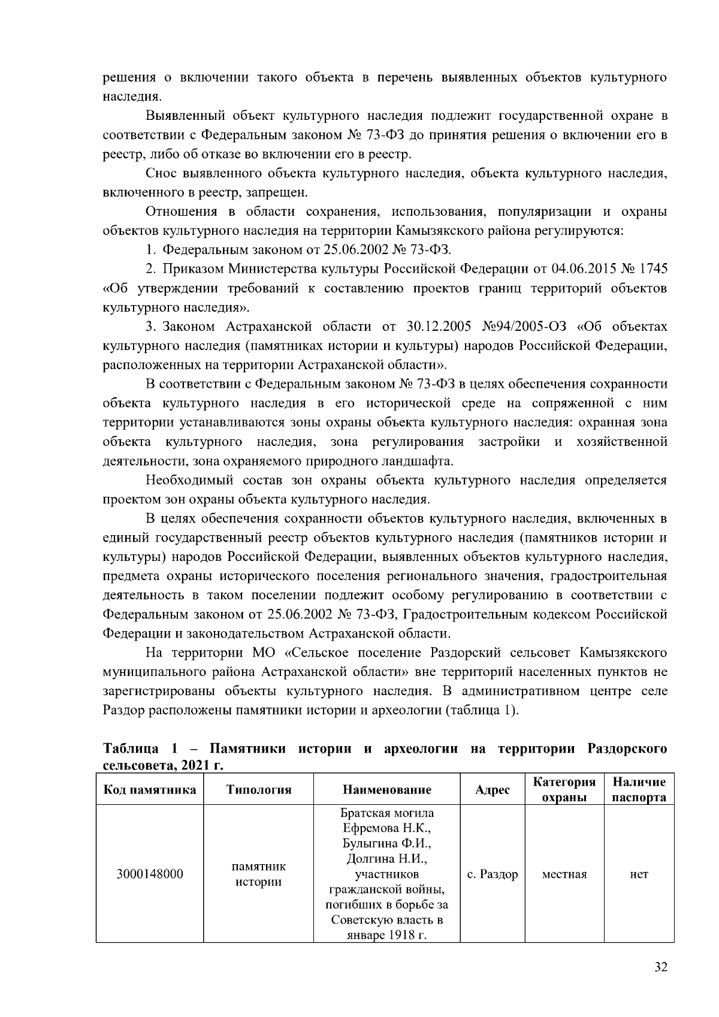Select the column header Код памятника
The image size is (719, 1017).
[150, 790]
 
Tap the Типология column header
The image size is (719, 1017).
[259, 790]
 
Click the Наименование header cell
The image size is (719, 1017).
[387, 790]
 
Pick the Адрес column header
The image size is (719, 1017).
[493, 790]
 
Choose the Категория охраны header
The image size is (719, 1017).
[564, 790]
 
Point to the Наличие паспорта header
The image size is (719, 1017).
[639, 790]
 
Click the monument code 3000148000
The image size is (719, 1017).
[150, 874]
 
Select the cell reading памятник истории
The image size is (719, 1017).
[259, 874]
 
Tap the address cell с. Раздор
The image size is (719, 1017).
[493, 874]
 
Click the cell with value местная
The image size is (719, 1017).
[564, 874]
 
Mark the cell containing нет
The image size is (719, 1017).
[639, 874]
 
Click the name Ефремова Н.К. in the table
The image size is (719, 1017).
[387, 828]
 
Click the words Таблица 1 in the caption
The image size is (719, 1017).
[141, 749]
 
